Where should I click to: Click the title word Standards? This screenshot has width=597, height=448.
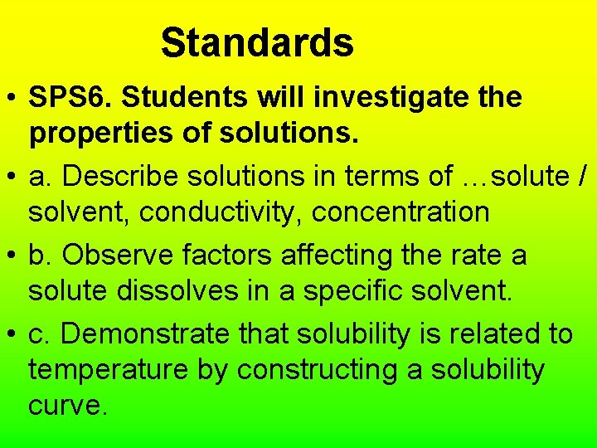pos(257,42)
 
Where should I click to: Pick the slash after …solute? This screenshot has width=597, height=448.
pos(580,175)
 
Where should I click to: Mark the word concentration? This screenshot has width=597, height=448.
pos(401,212)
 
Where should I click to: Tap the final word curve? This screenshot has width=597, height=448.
pos(68,406)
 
